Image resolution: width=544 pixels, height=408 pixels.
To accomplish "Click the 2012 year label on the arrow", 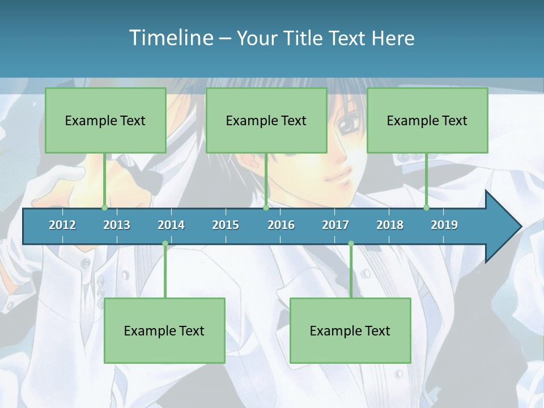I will pyautogui.click(x=62, y=225).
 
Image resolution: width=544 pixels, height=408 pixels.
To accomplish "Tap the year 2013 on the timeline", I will pyautogui.click(x=117, y=225).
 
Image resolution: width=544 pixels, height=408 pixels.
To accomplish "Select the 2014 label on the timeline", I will pyautogui.click(x=171, y=225).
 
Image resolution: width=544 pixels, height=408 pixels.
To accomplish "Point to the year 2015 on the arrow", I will pyautogui.click(x=226, y=225).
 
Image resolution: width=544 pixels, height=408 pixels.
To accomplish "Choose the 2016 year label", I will pyautogui.click(x=281, y=225).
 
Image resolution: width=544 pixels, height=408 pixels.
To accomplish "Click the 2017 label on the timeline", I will pyautogui.click(x=335, y=225).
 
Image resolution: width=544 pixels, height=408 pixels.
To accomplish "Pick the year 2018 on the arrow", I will pyautogui.click(x=390, y=225).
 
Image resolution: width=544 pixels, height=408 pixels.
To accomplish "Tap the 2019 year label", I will pyautogui.click(x=444, y=225).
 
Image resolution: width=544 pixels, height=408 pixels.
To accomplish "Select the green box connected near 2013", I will pyautogui.click(x=105, y=120).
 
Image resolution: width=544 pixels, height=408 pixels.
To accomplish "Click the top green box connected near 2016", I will pyautogui.click(x=266, y=120).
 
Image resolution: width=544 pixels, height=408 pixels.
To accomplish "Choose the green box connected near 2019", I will pyautogui.click(x=427, y=120).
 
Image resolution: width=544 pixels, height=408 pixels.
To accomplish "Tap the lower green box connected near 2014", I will pyautogui.click(x=164, y=330).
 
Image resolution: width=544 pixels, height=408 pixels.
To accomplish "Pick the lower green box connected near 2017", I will pyautogui.click(x=350, y=330).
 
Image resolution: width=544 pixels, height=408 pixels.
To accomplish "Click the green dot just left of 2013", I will pyautogui.click(x=104, y=208).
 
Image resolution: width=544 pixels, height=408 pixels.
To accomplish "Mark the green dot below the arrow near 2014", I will pyautogui.click(x=165, y=244).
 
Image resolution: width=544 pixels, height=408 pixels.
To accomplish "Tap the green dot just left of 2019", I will pyautogui.click(x=426, y=208).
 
